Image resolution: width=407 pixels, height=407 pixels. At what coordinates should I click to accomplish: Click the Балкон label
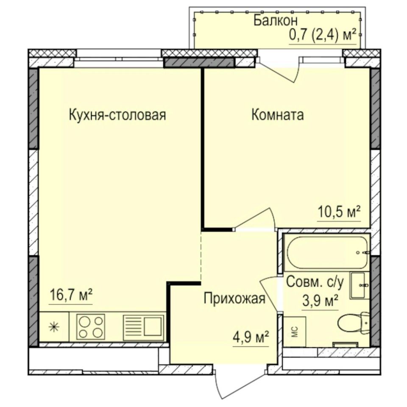click(x=276, y=20)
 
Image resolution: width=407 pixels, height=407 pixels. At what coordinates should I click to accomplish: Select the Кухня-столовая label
click(x=117, y=115)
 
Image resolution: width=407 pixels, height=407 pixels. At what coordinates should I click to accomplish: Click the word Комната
click(x=278, y=115)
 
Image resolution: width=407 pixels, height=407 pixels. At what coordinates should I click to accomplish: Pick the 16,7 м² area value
click(x=71, y=295)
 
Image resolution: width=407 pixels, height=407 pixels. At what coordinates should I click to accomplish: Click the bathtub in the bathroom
click(x=326, y=253)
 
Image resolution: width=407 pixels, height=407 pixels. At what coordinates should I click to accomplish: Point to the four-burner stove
click(x=91, y=326)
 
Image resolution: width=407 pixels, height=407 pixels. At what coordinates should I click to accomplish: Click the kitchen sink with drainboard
click(x=143, y=326)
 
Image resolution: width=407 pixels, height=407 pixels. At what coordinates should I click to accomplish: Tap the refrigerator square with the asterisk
click(x=54, y=326)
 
